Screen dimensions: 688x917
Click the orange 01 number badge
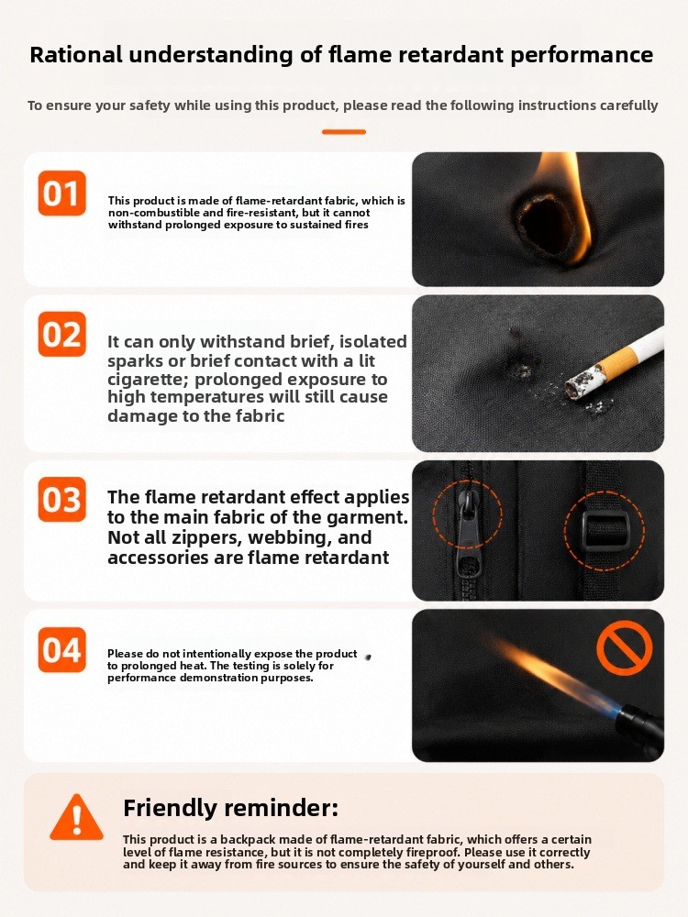[x=62, y=193]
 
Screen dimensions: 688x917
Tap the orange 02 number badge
[x=62, y=334]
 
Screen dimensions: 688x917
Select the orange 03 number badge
[x=62, y=500]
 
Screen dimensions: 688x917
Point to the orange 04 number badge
[x=62, y=650]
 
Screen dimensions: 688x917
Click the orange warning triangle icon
[x=77, y=818]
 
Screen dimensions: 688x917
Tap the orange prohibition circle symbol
[x=624, y=648]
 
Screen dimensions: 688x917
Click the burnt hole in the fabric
[x=541, y=226]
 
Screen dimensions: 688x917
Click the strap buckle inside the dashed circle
[x=605, y=530]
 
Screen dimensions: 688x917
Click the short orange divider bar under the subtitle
[x=344, y=131]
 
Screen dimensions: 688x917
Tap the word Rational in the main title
[x=76, y=54]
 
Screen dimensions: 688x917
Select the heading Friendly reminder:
[x=230, y=808]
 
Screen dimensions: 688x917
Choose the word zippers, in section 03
[x=255, y=537]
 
